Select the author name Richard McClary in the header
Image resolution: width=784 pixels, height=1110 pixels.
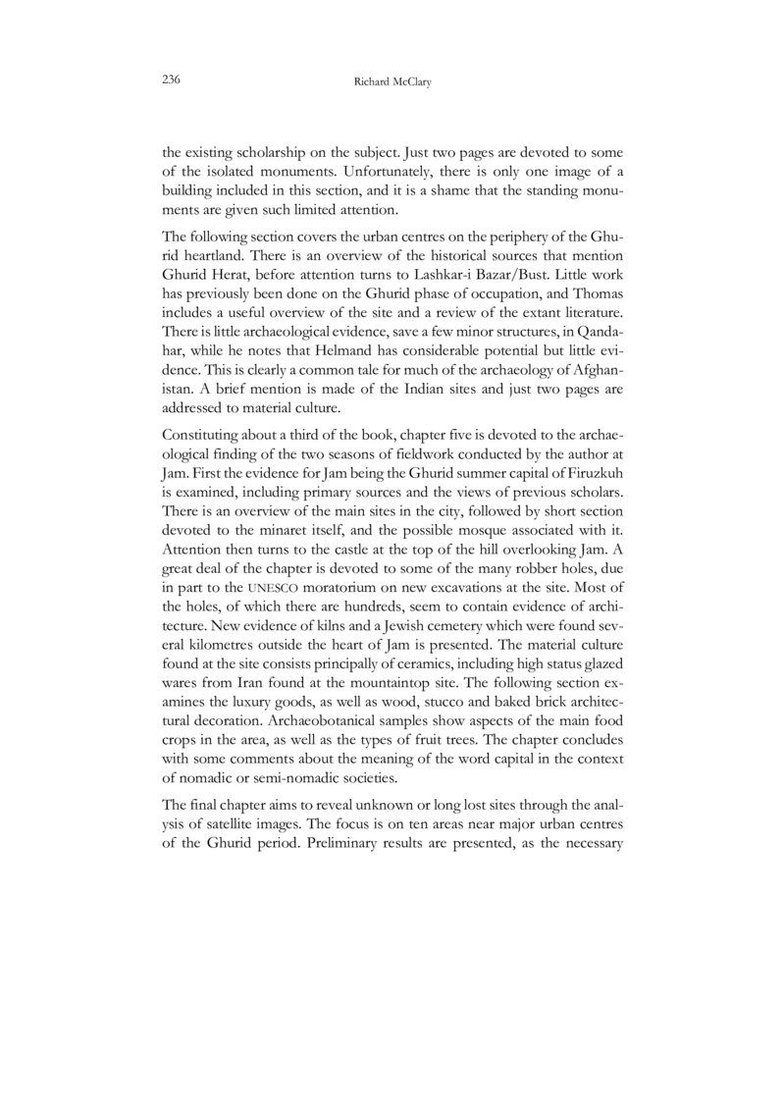click(392, 83)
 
